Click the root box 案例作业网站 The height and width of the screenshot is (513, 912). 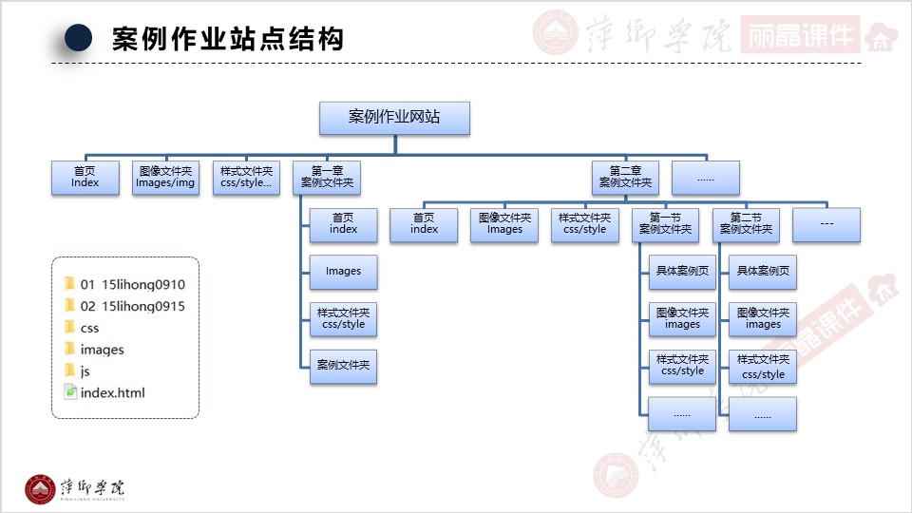[x=394, y=118]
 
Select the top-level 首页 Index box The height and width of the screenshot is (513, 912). [x=85, y=178]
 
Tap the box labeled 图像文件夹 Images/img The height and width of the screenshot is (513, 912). [x=166, y=178]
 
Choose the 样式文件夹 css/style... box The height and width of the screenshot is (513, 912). [x=246, y=178]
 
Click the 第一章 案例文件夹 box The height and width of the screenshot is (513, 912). [x=327, y=178]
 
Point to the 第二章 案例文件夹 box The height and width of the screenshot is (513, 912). [x=625, y=178]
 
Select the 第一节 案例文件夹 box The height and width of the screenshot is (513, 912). [x=665, y=224]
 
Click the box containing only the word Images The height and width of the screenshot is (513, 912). [x=343, y=272]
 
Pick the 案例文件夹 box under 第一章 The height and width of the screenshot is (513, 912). [x=343, y=366]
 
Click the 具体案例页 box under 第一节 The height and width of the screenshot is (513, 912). [x=682, y=272]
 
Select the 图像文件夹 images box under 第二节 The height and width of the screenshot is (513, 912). [x=763, y=318]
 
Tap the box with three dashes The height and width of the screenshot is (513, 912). [x=826, y=224]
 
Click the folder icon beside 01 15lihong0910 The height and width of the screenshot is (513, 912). [x=69, y=284]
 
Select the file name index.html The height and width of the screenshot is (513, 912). [x=113, y=392]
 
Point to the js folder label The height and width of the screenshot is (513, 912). [x=85, y=370]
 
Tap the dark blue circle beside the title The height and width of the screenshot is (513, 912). [x=78, y=37]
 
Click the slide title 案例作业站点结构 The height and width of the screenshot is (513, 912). [x=228, y=39]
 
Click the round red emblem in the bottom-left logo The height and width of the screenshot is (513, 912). [x=41, y=487]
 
